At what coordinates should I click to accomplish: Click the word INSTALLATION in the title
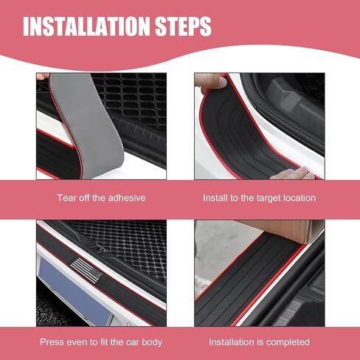point(86,27)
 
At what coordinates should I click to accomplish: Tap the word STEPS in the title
point(183,27)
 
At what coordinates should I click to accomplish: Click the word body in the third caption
point(151,342)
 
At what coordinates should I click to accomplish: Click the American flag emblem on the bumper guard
point(86,270)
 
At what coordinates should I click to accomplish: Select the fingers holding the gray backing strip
point(43,76)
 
